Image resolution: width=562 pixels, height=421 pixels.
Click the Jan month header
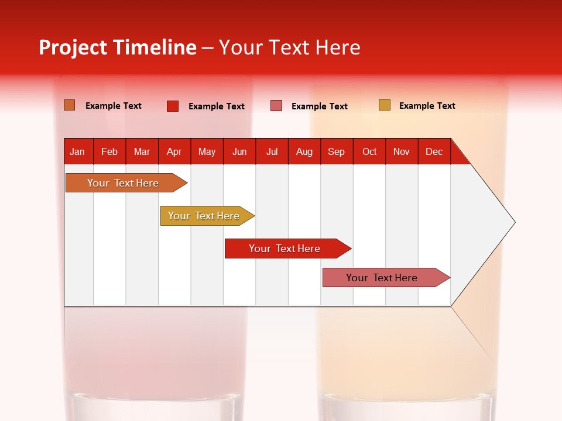(x=77, y=152)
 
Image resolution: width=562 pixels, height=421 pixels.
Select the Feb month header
(x=109, y=152)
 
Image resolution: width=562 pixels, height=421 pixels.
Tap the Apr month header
(x=174, y=152)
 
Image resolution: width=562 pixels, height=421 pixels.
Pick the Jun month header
(x=239, y=152)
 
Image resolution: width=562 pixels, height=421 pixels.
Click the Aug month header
(x=304, y=152)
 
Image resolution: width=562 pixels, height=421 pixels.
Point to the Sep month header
(x=336, y=152)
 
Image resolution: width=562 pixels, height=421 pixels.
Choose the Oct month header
(x=369, y=152)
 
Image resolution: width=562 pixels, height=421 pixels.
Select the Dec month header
(x=434, y=152)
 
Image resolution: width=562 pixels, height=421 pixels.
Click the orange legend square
(x=69, y=105)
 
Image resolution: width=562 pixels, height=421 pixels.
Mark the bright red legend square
(x=173, y=106)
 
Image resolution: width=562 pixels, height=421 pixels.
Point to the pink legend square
(x=276, y=106)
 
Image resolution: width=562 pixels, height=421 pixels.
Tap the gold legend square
(x=384, y=105)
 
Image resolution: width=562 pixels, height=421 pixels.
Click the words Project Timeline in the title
(x=117, y=47)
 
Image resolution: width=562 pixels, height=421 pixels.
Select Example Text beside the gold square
(x=427, y=106)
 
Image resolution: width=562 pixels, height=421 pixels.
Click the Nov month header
(x=402, y=152)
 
